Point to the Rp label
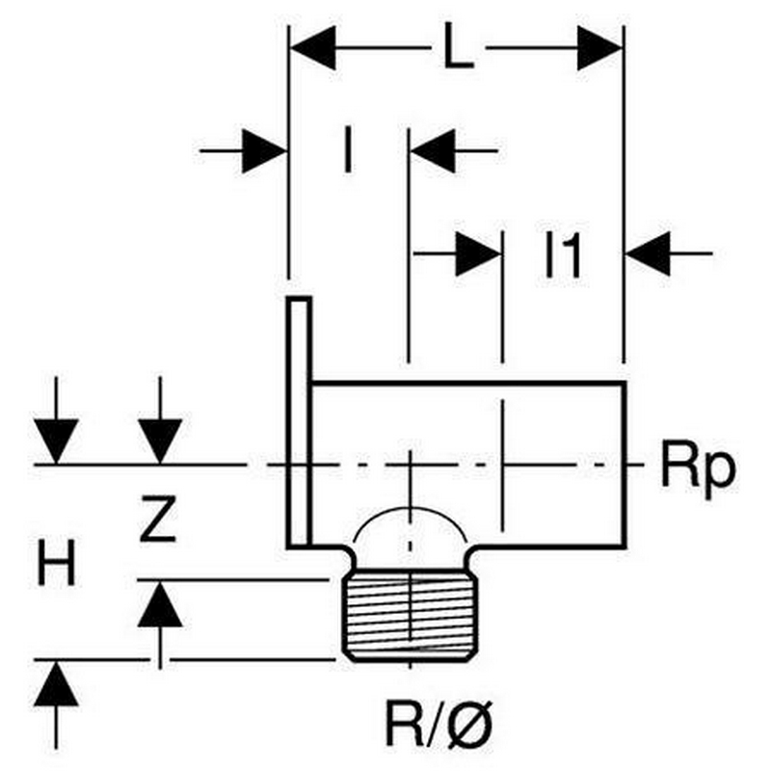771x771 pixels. click(x=698, y=468)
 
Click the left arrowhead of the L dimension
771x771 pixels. click(x=312, y=48)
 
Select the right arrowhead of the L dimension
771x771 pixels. click(x=599, y=48)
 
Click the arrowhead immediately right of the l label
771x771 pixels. click(x=434, y=151)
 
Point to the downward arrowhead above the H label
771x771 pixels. click(x=57, y=441)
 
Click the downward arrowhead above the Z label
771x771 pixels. click(x=159, y=441)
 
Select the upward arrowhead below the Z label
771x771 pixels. click(x=159, y=604)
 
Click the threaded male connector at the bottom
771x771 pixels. click(x=410, y=617)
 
